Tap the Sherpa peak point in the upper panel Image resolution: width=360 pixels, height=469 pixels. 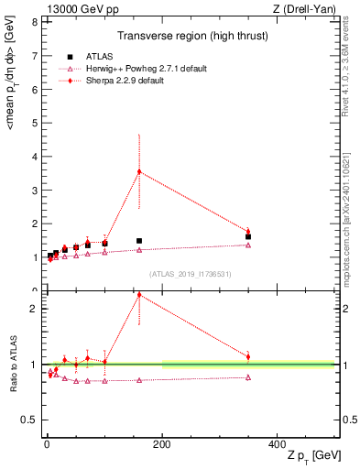pos(139,171)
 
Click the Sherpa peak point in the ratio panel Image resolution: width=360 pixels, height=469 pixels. pos(139,295)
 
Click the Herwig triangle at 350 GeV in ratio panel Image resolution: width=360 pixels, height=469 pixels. pos(248,376)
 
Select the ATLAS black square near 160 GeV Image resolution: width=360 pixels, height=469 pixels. pos(139,241)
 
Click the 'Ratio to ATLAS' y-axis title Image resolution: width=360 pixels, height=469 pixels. pos(12,365)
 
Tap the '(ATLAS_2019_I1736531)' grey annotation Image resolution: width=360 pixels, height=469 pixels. pos(190,274)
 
